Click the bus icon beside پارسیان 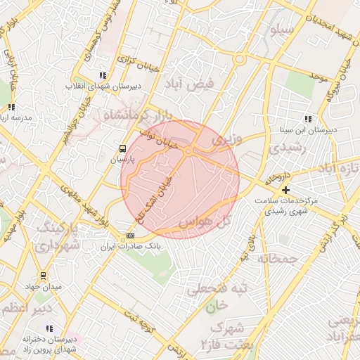click(x=123, y=148)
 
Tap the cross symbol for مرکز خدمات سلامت click(x=285, y=190)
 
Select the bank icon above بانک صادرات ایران click(x=130, y=236)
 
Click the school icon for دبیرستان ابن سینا click(x=308, y=119)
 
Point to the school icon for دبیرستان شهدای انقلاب click(x=103, y=75)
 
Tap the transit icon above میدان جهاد click(x=44, y=276)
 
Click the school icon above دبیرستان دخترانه click(x=49, y=328)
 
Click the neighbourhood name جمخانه click(x=278, y=259)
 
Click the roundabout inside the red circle click(x=188, y=151)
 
